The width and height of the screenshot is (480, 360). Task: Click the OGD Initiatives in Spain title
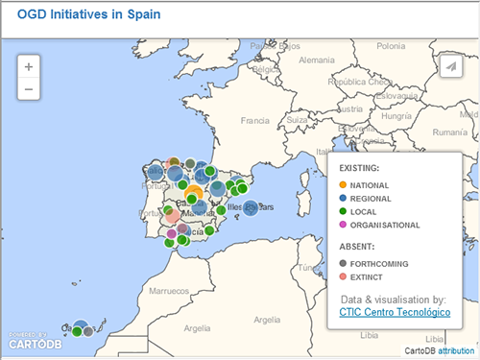pos(88,15)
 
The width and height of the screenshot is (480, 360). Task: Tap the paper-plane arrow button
pos(448,66)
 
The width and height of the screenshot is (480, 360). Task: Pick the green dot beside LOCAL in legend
pos(344,211)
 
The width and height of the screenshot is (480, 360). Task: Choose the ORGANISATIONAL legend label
pos(386,225)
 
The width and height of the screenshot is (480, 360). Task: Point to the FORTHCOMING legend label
pos(381,263)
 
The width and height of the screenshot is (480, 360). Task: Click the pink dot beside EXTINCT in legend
pos(344,276)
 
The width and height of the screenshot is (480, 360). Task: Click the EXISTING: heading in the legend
pos(360,168)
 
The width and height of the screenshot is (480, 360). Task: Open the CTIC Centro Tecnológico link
pos(395,313)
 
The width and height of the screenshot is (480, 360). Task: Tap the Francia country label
pos(255,121)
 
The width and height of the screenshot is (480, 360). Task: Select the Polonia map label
pos(391,45)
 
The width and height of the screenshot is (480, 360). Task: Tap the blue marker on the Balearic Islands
pos(252,207)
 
